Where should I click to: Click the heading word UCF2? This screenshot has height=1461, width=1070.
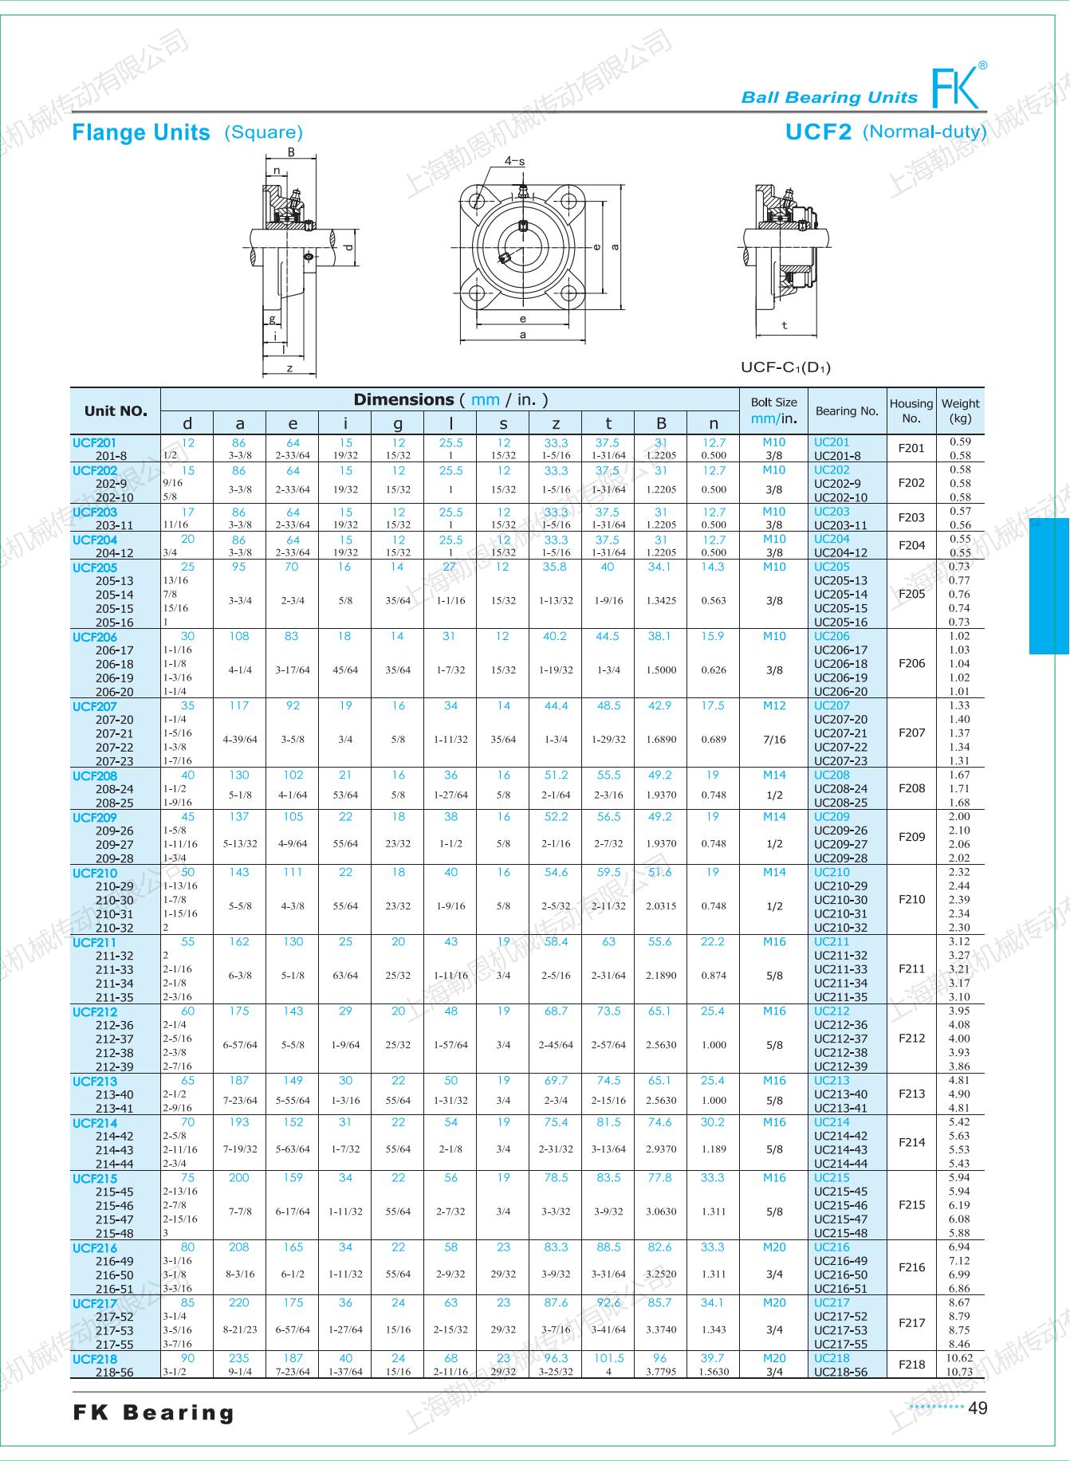pos(818,132)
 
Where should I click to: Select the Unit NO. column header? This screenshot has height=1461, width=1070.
pos(116,411)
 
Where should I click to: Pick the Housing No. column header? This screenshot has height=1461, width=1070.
pos(911,410)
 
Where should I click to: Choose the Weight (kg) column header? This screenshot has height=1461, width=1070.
pos(960,410)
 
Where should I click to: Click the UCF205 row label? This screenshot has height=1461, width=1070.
pos(95,568)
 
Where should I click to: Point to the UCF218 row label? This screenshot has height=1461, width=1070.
pos(95,1359)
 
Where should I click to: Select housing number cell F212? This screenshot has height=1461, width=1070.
pos(911,1038)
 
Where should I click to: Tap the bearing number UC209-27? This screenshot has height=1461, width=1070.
pos(840,844)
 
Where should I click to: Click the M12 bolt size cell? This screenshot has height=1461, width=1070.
pos(773,705)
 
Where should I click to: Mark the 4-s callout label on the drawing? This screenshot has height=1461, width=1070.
pos(514,161)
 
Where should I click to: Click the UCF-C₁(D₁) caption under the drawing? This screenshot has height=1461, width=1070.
pos(785,367)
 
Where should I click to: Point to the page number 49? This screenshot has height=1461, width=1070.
pos(978,1408)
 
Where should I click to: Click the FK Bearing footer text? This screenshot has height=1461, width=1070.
pos(154,1413)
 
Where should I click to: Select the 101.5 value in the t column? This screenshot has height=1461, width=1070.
pos(608,1358)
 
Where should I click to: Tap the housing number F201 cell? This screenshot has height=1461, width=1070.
pos(911,448)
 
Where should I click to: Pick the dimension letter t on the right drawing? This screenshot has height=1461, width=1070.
pos(785,325)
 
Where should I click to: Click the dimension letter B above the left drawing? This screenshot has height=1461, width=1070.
pos(291,152)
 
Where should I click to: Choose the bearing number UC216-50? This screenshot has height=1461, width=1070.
pos(840,1274)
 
